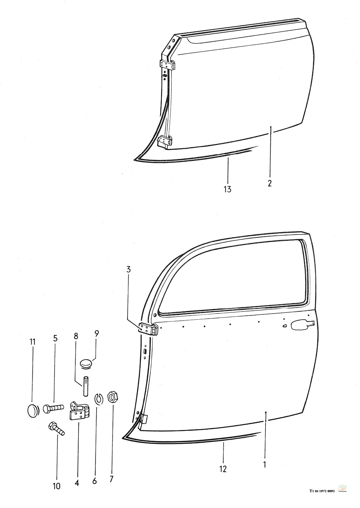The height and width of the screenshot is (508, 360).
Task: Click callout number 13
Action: coord(228,189)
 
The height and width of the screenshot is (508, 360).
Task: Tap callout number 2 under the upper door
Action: coord(269,183)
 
